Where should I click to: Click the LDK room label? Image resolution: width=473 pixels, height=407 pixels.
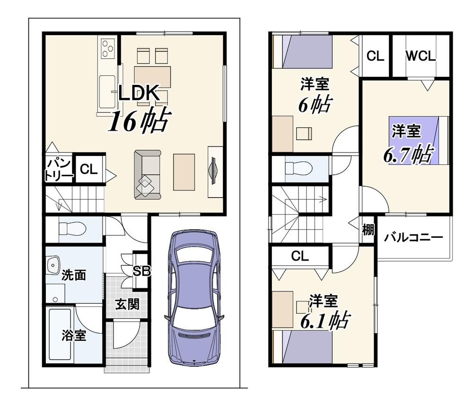139,93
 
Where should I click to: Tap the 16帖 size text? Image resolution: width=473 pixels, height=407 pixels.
140,120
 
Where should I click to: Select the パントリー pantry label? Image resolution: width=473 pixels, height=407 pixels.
59,170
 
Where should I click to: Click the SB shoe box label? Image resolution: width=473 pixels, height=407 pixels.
142,271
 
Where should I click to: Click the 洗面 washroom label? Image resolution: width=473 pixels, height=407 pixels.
74,275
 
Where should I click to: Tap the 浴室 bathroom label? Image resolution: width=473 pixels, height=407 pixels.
74,335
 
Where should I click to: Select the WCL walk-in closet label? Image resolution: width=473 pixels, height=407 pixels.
420,56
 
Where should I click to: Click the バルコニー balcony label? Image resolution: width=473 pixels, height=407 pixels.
413,237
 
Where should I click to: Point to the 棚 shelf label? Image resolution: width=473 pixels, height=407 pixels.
368,230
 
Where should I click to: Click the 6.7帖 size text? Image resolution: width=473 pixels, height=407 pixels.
409,154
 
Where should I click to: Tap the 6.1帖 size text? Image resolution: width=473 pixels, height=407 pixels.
325,321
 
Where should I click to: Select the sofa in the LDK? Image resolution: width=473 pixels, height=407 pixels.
148,175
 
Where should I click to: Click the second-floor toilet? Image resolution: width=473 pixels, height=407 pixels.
298,168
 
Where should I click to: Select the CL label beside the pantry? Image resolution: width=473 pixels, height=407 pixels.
89,169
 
